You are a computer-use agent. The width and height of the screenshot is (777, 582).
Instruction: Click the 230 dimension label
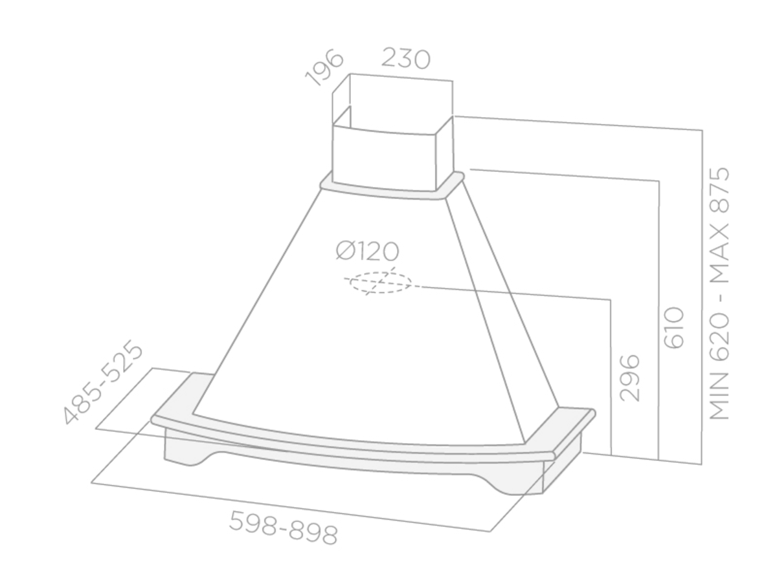[405, 59]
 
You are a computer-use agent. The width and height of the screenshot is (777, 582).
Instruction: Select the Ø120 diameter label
[367, 252]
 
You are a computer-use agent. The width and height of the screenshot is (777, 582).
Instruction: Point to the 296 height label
[631, 378]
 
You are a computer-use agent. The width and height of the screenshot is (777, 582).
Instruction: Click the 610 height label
[674, 328]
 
